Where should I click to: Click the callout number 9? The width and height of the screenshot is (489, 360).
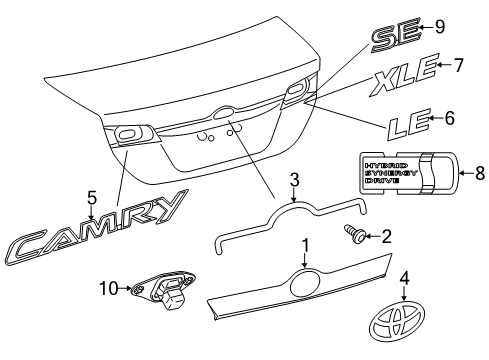(440, 27)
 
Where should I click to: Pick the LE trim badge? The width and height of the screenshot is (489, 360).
(409, 124)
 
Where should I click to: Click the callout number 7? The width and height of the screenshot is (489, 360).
(458, 65)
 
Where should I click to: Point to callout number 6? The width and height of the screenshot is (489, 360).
(449, 118)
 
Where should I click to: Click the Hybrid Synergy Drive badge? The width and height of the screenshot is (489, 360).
(409, 173)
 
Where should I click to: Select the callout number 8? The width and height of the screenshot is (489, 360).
(480, 173)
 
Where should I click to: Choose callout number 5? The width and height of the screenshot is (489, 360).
(92, 198)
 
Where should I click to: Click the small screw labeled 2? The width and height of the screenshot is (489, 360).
(354, 233)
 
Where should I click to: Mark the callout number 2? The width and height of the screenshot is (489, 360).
(386, 237)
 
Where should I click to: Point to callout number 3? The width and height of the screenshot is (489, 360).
(294, 180)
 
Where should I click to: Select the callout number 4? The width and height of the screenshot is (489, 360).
(404, 279)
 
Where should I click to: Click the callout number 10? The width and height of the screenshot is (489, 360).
(109, 288)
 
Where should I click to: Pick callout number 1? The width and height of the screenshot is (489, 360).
(305, 246)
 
